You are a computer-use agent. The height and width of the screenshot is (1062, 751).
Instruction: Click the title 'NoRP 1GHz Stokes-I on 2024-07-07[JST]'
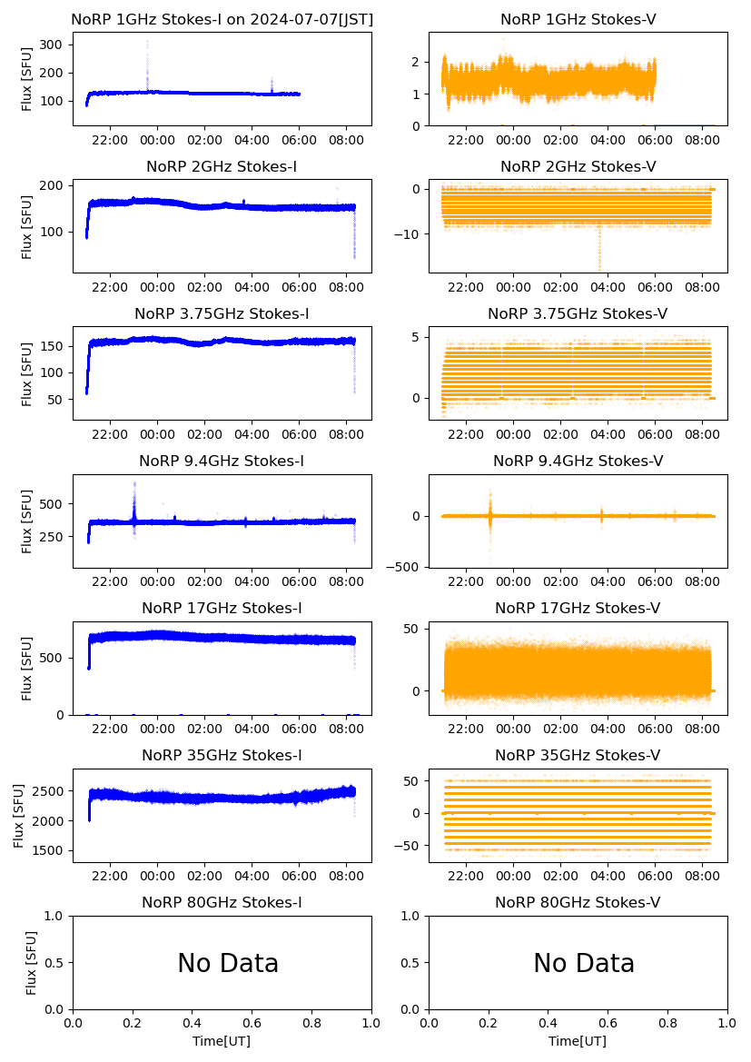click(x=222, y=19)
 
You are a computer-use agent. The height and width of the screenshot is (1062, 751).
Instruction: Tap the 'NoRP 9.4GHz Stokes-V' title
click(x=578, y=462)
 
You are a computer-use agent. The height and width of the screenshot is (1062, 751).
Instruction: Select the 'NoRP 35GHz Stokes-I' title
click(x=222, y=756)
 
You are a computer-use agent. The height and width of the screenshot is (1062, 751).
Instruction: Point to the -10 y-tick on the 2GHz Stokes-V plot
click(x=410, y=234)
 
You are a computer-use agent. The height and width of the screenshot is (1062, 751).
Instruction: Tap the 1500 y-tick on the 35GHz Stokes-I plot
click(x=47, y=851)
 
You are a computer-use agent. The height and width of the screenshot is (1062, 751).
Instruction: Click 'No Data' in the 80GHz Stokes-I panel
click(x=228, y=964)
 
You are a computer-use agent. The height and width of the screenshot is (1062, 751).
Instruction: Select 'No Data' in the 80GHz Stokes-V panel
click(x=584, y=964)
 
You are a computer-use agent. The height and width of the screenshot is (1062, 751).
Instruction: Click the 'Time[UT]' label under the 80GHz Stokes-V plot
click(x=578, y=1041)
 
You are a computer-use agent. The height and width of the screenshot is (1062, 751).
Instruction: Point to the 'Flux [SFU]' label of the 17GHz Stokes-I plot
click(x=27, y=669)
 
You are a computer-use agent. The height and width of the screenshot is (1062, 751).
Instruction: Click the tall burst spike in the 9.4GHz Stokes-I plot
click(x=134, y=495)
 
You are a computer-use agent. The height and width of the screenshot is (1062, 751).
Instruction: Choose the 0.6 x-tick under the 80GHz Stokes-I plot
click(x=252, y=1024)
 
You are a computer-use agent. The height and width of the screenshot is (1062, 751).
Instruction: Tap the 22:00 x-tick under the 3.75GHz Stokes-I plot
click(x=110, y=435)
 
